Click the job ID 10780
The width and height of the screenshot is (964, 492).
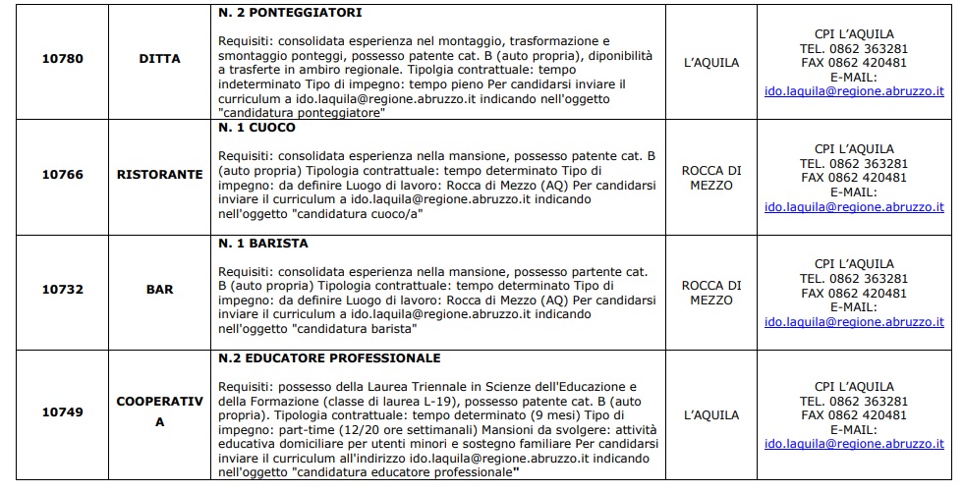tap(62, 58)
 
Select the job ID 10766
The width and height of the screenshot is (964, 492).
tap(62, 174)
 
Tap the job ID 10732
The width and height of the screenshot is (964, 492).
tap(62, 290)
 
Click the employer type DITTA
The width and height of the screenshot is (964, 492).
tap(159, 58)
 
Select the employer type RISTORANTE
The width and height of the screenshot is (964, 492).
tap(159, 174)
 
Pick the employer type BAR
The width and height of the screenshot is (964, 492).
tap(159, 290)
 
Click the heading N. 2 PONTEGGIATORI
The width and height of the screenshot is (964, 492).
tap(290, 13)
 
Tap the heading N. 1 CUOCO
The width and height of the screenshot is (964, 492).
tap(256, 128)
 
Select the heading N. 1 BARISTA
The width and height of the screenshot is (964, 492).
tap(263, 244)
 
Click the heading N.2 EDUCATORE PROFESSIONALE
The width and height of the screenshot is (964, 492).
tap(329, 358)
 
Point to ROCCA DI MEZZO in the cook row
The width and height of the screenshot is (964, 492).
tap(711, 177)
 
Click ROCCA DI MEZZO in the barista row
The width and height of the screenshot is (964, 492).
tap(711, 293)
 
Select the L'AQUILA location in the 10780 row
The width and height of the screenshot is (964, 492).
tap(711, 63)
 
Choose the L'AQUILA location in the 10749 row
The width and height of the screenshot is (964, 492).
tap(711, 414)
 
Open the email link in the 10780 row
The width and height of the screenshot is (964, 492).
tap(854, 90)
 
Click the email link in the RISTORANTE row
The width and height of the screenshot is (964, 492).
tap(854, 207)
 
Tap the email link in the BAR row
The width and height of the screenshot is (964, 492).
tap(854, 322)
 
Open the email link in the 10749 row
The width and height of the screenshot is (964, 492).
tap(854, 444)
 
